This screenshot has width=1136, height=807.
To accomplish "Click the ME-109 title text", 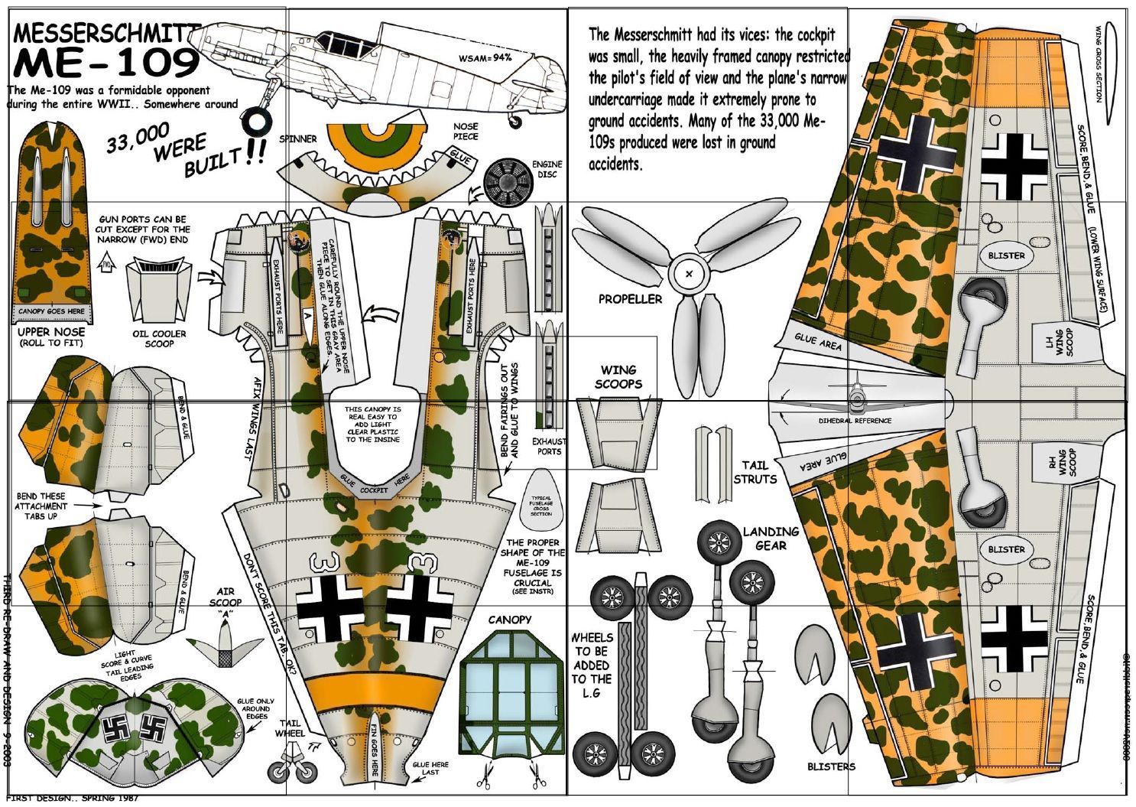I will [x=103, y=63].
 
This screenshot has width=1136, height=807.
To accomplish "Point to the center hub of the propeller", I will [x=688, y=273].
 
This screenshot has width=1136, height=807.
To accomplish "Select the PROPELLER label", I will [x=630, y=299].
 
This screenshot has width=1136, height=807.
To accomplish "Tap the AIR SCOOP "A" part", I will [x=224, y=646].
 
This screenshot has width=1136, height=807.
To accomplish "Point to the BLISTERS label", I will [x=831, y=766].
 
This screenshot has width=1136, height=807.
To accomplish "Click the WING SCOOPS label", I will [x=618, y=377].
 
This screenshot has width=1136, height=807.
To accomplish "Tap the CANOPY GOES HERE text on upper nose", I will [x=51, y=312].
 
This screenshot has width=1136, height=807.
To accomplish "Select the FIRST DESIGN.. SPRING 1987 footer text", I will [x=73, y=799].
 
